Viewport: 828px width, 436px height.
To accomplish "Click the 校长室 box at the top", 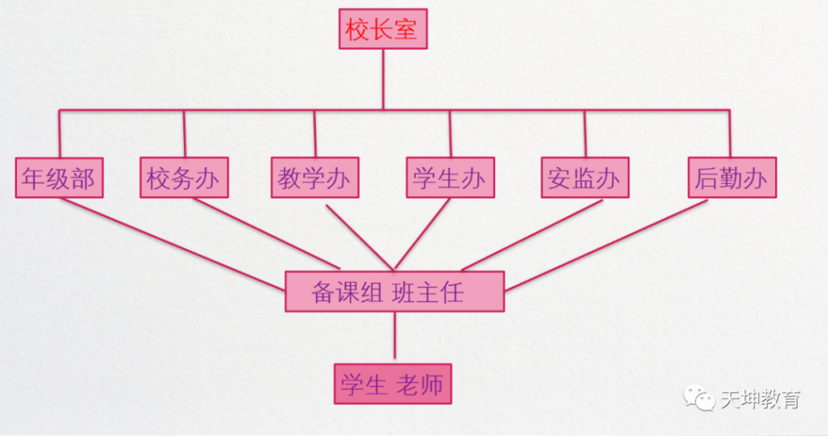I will [x=383, y=30].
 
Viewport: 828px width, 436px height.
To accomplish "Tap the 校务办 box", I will [x=184, y=177].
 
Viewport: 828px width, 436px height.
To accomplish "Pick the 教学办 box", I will [x=314, y=177].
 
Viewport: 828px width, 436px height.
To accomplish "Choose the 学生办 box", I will [x=449, y=177].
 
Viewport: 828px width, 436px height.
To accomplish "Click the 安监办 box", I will [x=584, y=177].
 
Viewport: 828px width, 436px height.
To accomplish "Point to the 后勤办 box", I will [x=732, y=177].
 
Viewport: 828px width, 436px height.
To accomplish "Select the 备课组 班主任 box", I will [x=395, y=291].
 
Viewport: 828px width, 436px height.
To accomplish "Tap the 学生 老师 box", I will [x=392, y=384].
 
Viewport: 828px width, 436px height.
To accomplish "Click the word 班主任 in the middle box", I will [x=428, y=292].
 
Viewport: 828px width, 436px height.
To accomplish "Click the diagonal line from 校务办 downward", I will [x=265, y=233].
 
